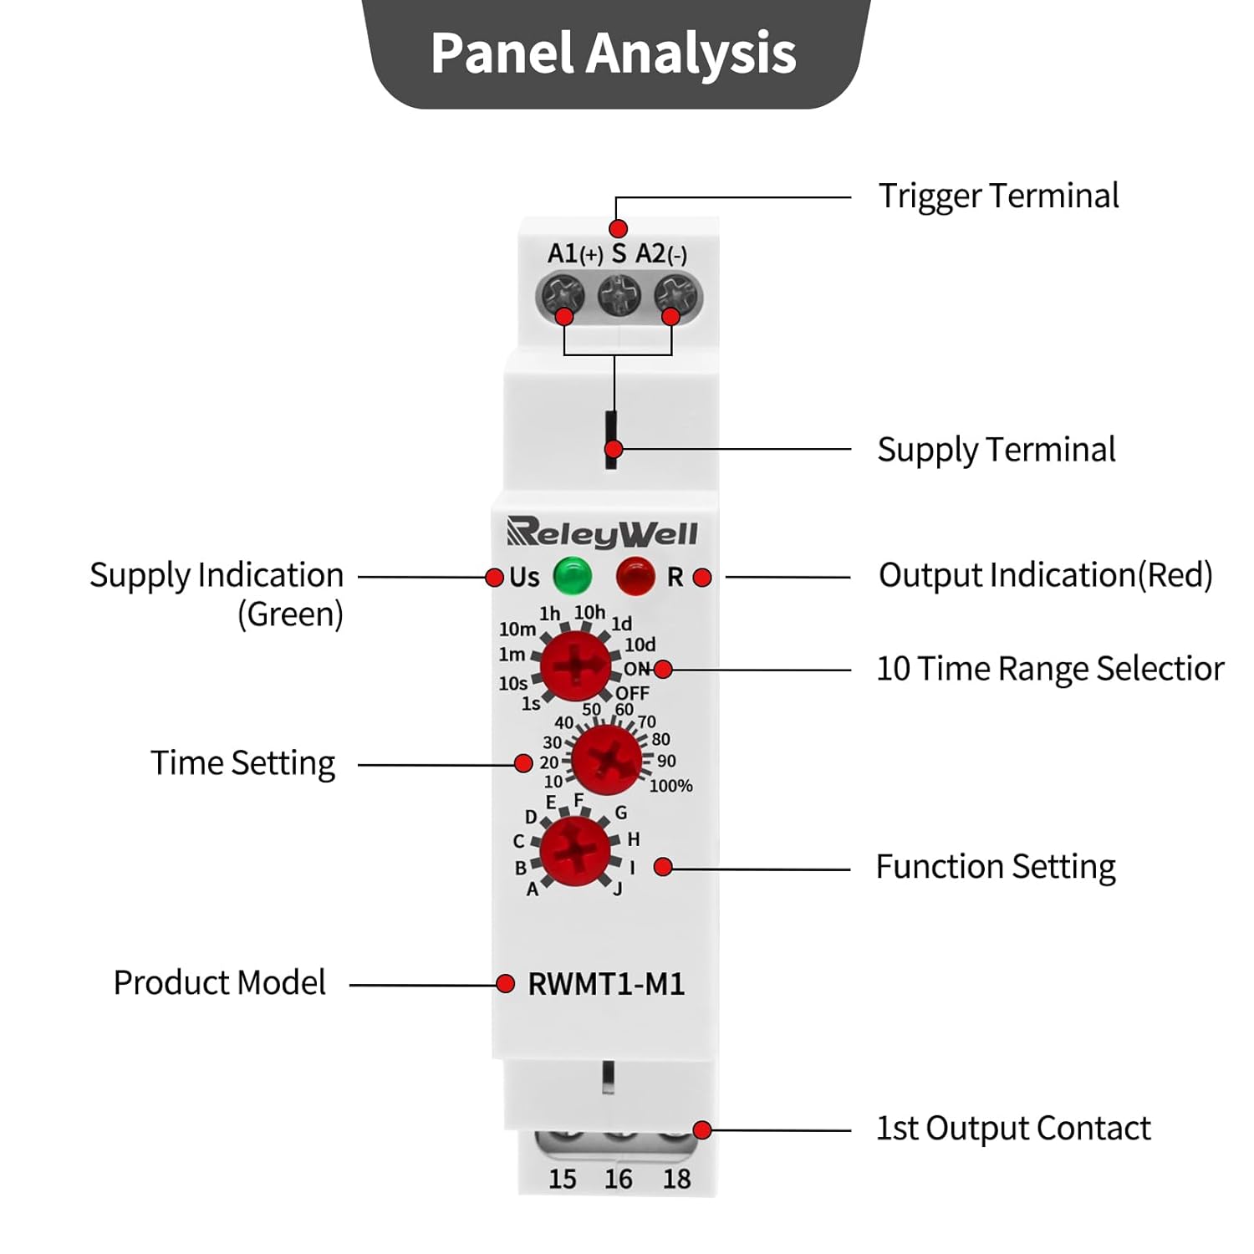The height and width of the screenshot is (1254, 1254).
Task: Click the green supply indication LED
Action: pos(573,575)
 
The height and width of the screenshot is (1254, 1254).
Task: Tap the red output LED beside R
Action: pos(635,576)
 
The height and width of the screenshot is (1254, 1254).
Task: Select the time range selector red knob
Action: pos(575,666)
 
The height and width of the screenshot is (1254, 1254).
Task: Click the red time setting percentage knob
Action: pos(606,760)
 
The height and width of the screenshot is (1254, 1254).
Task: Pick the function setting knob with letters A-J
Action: pos(575,851)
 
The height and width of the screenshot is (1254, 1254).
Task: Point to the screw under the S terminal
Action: pos(619,295)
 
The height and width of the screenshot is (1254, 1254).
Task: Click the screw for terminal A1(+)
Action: pos(562,296)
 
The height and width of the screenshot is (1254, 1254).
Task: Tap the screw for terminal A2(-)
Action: pos(675,296)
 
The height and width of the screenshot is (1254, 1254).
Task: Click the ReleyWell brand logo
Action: pos(602,533)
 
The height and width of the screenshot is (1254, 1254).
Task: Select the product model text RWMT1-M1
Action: pos(606,984)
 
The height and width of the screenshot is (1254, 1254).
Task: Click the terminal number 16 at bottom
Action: pos(619,1179)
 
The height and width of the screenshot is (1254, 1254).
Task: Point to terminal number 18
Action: pos(676,1179)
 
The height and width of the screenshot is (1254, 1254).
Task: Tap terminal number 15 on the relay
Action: pos(563,1179)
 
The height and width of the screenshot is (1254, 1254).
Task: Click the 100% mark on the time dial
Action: pos(671,786)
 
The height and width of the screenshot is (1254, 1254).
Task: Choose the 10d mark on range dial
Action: pos(640,645)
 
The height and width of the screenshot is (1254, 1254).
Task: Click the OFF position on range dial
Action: pos(632,693)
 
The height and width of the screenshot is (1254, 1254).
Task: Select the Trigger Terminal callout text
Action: pos(998,196)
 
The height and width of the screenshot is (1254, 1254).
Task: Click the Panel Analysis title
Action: pos(614,54)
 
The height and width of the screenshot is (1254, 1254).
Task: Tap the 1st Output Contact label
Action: pos(1013,1129)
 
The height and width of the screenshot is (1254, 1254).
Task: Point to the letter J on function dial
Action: pos(618,889)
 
